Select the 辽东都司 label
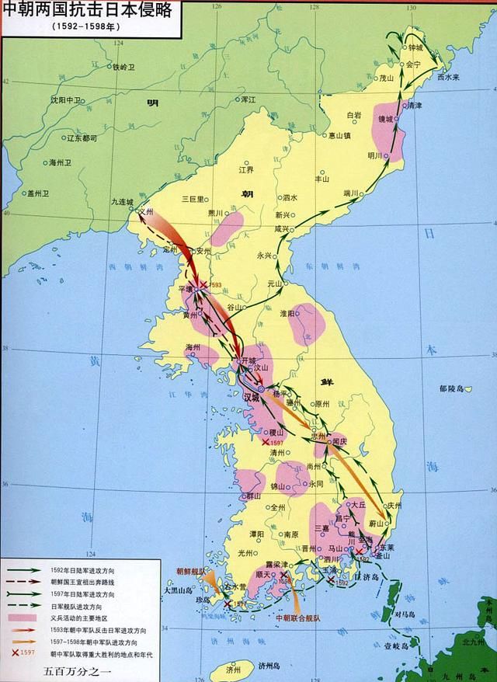(82, 138)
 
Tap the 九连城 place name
(123, 201)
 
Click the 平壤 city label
(186, 287)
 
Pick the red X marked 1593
(203, 285)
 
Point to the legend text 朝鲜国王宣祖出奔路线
(83, 580)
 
